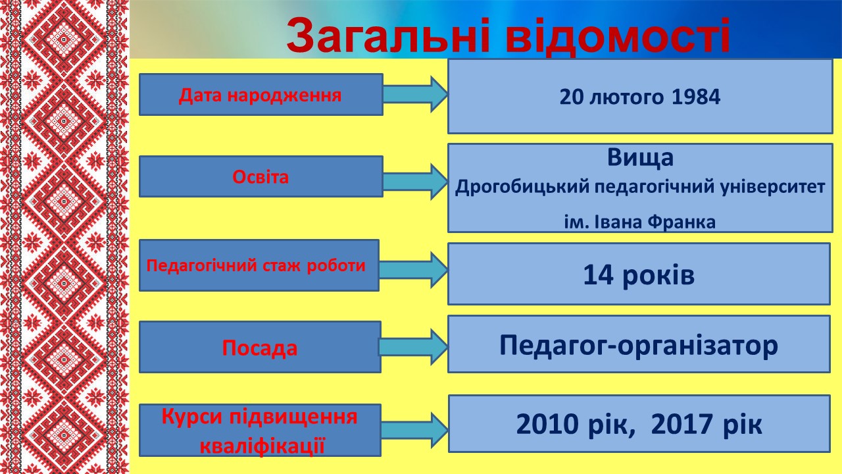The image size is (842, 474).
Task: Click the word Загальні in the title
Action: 387,36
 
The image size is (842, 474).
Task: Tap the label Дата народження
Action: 260,95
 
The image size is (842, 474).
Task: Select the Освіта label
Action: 260,177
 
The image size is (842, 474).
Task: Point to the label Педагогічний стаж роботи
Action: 256,265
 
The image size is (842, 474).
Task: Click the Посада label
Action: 260,348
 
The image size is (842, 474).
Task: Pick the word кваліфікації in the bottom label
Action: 262,446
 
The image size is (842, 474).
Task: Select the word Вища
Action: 640,157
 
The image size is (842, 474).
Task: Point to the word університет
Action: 773,187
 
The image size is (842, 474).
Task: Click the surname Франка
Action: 681,222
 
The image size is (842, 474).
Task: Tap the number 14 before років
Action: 598,275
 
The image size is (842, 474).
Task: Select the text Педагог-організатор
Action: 639,345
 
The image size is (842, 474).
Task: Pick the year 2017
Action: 682,425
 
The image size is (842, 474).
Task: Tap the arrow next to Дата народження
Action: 415,94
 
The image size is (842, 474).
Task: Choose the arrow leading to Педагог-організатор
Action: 413,347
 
